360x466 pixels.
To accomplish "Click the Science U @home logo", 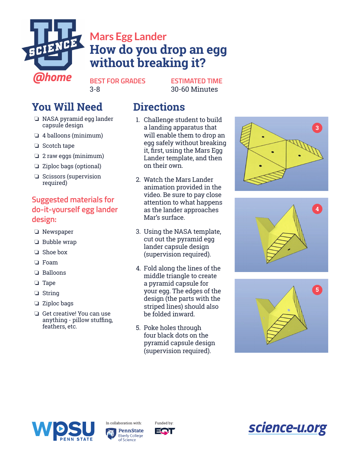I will click(x=53, y=49).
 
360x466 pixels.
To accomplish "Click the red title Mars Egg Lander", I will click(x=128, y=37).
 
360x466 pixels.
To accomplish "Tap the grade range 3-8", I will click(x=95, y=89).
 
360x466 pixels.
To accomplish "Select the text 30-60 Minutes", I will click(x=194, y=89).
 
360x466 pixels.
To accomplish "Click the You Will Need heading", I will click(x=67, y=107).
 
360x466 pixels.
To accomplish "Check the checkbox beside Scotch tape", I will click(x=37, y=146).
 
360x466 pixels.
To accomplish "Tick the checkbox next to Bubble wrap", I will click(x=37, y=242).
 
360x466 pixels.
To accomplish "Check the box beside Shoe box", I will click(x=37, y=252).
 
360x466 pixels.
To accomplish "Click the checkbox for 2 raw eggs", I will click(x=37, y=156).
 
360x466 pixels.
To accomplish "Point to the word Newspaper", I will click(x=58, y=232).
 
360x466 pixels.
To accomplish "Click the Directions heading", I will click(x=159, y=107).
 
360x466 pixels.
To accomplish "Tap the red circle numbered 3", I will click(x=317, y=128).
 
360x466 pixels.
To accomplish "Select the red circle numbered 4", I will click(x=317, y=209).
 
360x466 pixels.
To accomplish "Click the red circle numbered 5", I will click(x=317, y=290).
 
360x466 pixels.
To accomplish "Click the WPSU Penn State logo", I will click(x=63, y=431).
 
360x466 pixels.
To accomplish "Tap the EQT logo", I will click(x=164, y=431).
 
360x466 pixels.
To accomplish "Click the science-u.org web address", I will click(x=287, y=428).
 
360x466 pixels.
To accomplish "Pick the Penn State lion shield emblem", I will click(x=111, y=434).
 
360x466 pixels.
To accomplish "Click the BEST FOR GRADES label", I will click(x=117, y=81).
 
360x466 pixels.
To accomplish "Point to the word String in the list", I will click(x=51, y=293).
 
